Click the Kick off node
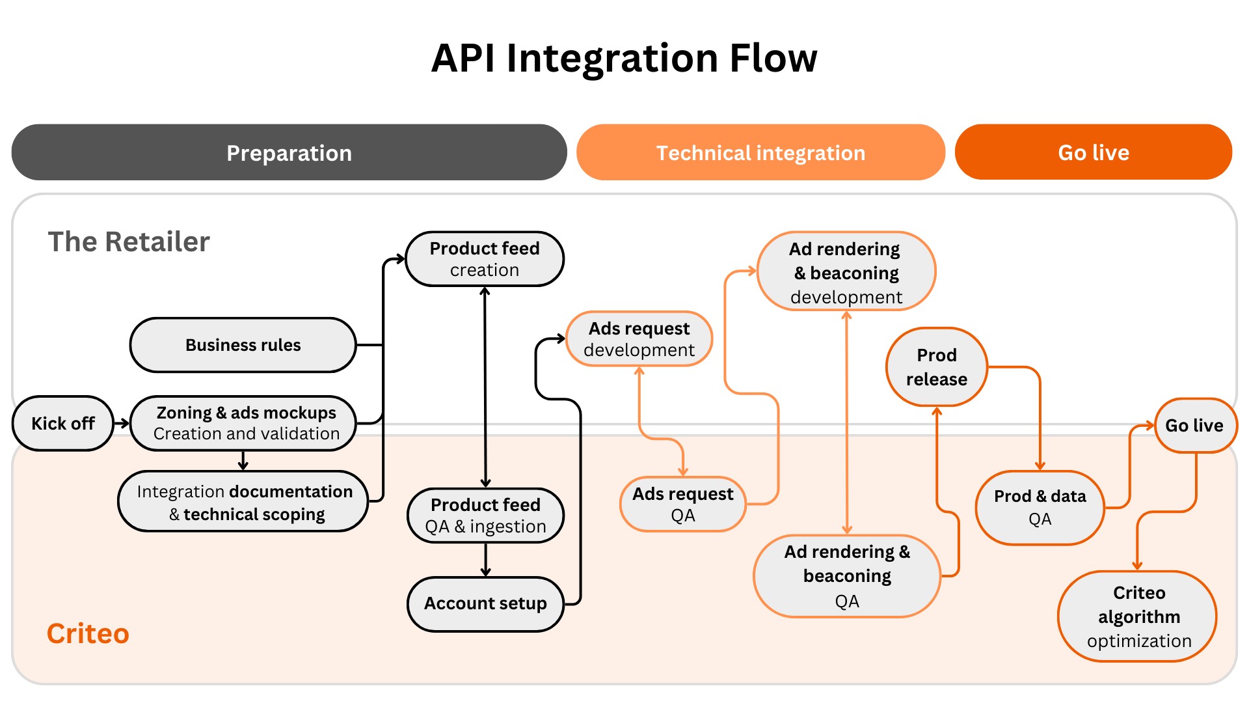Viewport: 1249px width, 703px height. (x=62, y=424)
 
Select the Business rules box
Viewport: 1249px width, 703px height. (x=243, y=345)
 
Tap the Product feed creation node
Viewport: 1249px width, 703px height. (x=485, y=259)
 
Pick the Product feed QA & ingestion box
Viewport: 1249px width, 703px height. (x=485, y=516)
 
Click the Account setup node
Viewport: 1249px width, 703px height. (x=485, y=603)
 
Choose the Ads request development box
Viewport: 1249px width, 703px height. (x=639, y=339)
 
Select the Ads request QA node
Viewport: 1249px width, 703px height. (x=682, y=504)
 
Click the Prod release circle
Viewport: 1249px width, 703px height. (x=937, y=367)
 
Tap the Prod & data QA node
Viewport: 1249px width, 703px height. (x=1040, y=508)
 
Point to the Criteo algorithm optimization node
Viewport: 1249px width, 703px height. (x=1138, y=616)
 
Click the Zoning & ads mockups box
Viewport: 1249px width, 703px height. (x=244, y=424)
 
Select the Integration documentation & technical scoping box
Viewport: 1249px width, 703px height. (x=244, y=502)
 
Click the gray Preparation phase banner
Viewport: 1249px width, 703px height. (x=289, y=153)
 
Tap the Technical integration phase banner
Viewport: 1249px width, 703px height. (x=760, y=153)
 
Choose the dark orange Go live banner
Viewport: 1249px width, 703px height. (x=1093, y=153)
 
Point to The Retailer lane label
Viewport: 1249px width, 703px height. (x=129, y=242)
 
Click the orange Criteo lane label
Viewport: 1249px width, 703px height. (x=88, y=633)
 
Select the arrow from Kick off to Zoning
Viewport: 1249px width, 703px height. (x=122, y=424)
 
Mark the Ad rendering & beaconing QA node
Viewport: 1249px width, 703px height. (x=847, y=576)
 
